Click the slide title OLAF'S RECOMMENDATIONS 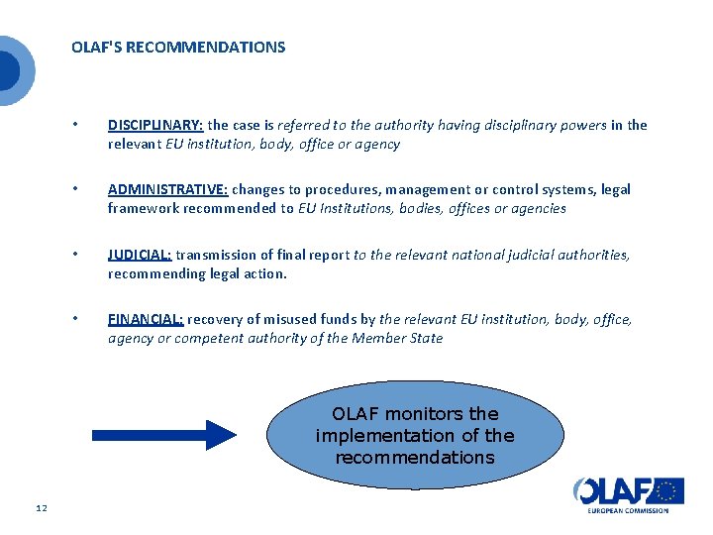pos(178,47)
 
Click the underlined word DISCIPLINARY pos(155,125)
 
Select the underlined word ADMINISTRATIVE pos(167,189)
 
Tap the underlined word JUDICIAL pos(140,255)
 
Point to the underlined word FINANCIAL pos(146,319)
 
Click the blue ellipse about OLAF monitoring pos(415,436)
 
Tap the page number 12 pos(41,508)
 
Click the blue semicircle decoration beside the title pos(12,70)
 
